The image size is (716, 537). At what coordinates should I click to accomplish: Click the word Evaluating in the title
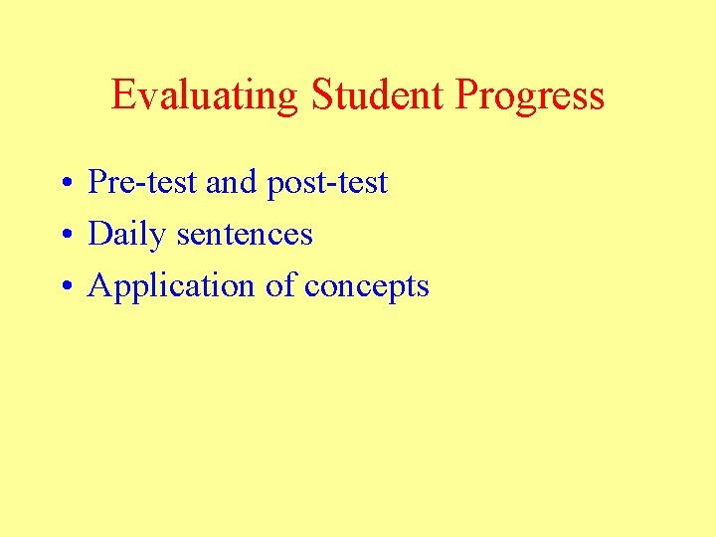pos(204,95)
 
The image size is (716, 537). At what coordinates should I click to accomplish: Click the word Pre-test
pos(143,183)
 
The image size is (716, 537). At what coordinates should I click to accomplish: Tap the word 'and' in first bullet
pos(231,183)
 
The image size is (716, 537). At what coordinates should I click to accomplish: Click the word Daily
pos(127,236)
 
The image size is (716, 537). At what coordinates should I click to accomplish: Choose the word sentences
pos(245,235)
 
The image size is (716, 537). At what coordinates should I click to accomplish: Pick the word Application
pos(172,287)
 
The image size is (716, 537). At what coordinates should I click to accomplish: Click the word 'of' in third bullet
pos(280,286)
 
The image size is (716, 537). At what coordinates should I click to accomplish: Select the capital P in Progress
pos(466,95)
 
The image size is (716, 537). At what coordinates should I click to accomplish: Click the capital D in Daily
pos(100,235)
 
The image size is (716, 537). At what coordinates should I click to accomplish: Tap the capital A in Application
pos(100,286)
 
